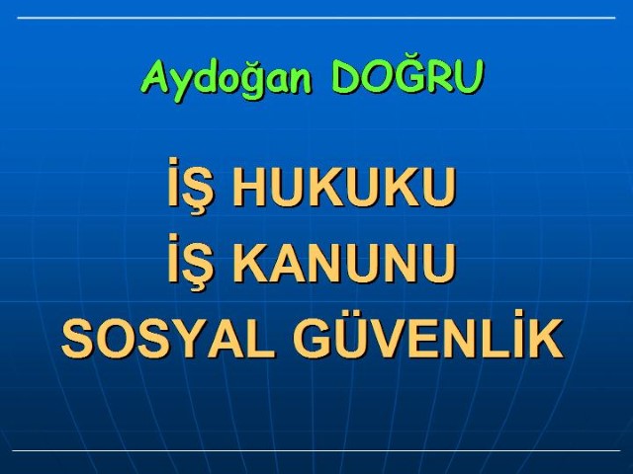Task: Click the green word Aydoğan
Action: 226,80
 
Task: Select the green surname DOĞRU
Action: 407,76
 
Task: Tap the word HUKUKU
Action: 344,187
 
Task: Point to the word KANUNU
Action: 344,263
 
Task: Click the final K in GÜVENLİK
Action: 546,339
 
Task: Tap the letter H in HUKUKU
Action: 249,187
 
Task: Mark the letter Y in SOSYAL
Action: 195,339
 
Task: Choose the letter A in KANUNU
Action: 288,263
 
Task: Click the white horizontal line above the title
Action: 316,18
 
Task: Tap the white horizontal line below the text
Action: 316,450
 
